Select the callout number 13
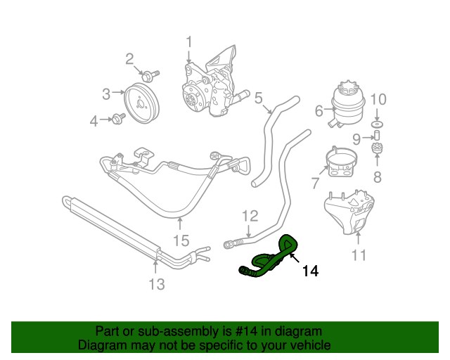pyautogui.click(x=156, y=284)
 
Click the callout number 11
pyautogui.click(x=359, y=255)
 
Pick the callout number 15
pyautogui.click(x=181, y=240)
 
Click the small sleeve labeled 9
pyautogui.click(x=376, y=135)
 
